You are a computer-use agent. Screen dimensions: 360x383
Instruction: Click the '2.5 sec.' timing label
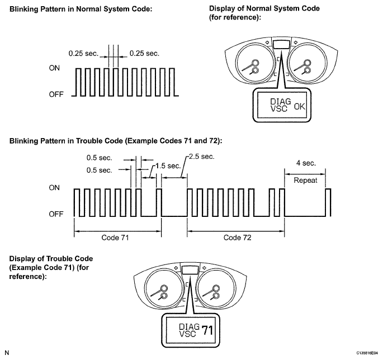(200, 157)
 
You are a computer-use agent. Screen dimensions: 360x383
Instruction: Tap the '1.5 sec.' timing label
(167, 166)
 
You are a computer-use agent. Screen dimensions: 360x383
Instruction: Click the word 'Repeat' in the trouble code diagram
(305, 180)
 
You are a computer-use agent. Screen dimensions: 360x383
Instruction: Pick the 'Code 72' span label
(238, 238)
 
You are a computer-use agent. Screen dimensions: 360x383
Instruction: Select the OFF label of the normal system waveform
(56, 94)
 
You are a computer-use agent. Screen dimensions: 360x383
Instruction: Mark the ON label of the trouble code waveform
(55, 188)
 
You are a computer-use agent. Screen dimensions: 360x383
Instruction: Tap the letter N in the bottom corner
(6, 353)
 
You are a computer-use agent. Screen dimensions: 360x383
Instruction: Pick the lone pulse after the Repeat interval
(329, 201)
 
